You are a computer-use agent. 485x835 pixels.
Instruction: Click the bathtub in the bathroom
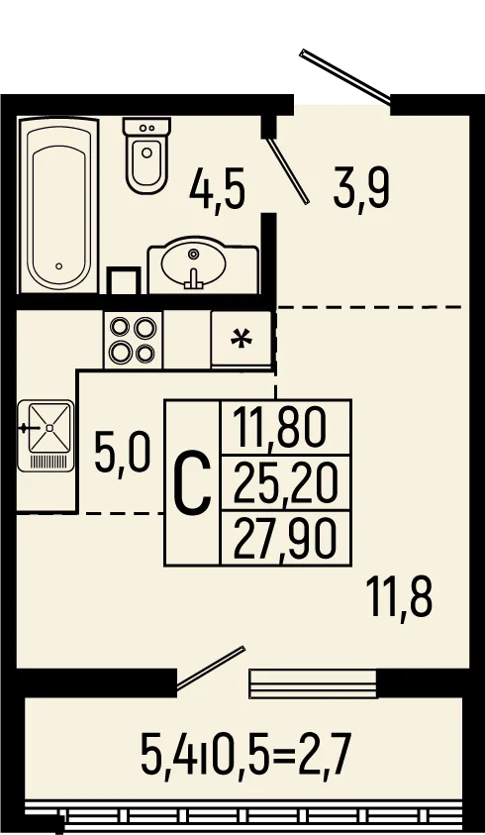(x=58, y=205)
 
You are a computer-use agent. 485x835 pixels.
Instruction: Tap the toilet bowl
(x=146, y=155)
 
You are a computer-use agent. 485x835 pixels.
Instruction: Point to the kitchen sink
(x=46, y=436)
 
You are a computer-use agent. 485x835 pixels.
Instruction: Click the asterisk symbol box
(x=242, y=339)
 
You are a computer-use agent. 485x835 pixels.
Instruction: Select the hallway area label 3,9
(x=361, y=188)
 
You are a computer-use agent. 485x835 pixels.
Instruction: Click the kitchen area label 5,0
(x=123, y=453)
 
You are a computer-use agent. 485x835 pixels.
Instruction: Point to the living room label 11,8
(x=400, y=598)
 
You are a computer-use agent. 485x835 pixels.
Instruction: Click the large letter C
(x=192, y=482)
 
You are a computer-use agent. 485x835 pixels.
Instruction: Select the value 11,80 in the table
(x=279, y=428)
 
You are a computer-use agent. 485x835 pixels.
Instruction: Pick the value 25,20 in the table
(x=285, y=483)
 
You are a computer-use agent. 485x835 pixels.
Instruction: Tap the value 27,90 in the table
(x=285, y=539)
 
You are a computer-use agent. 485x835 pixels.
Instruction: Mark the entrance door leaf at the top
(x=345, y=75)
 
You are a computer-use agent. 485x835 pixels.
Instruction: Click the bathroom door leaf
(x=287, y=170)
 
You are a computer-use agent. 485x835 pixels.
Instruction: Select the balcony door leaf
(x=210, y=668)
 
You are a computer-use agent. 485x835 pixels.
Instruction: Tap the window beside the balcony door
(x=313, y=683)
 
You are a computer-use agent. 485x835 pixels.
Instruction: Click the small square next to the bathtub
(x=124, y=280)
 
